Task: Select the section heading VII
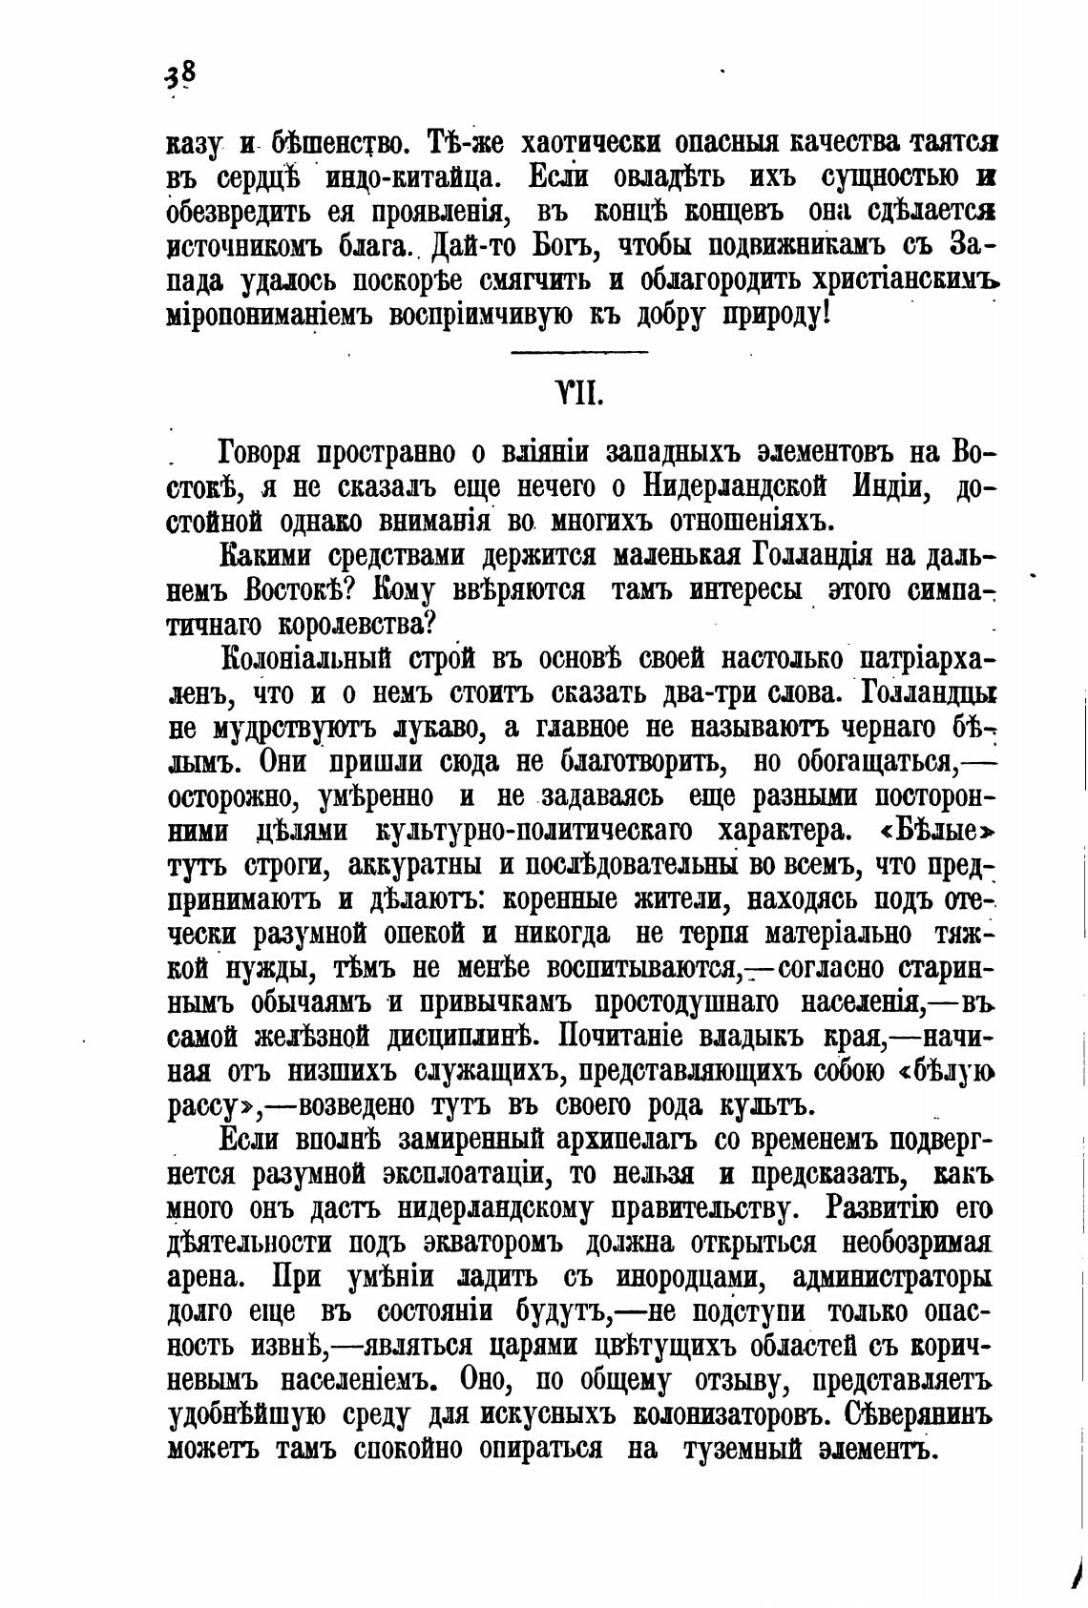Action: (x=578, y=393)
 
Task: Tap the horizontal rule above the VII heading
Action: (x=579, y=354)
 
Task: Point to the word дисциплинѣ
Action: (x=467, y=1037)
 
